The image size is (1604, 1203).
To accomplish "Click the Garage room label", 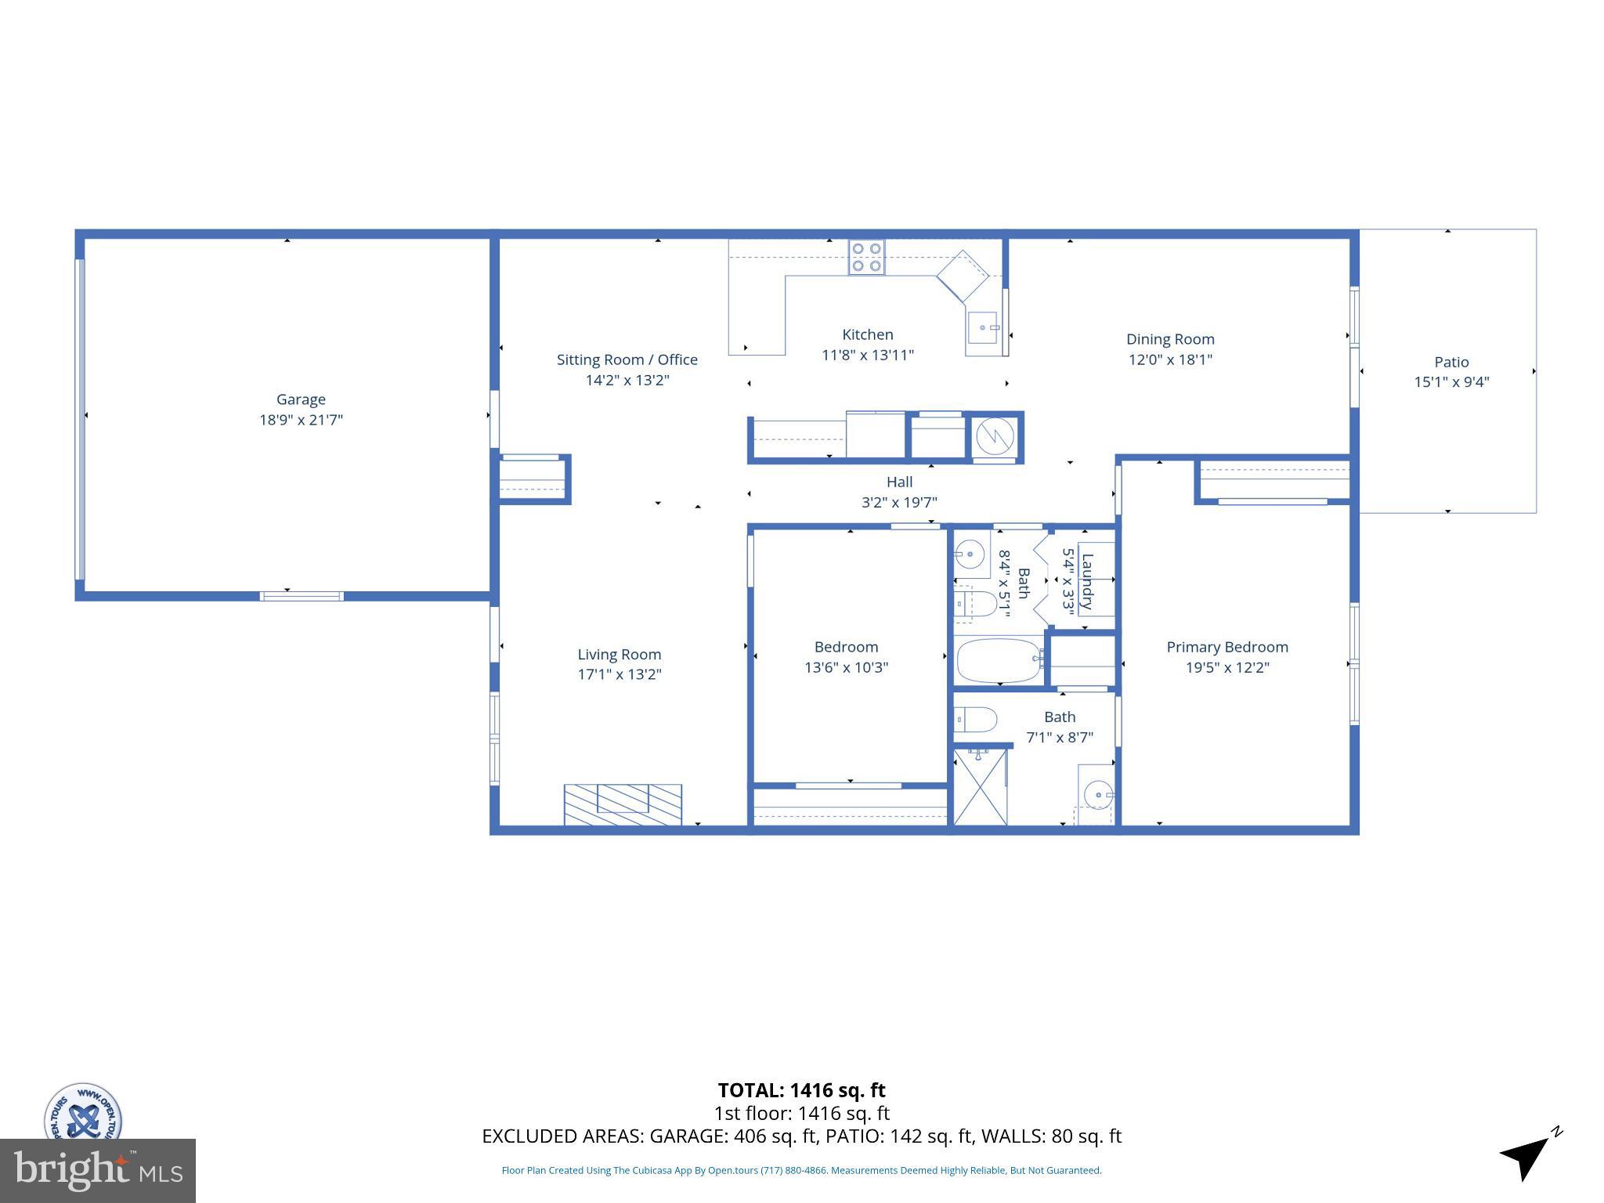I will click(x=301, y=399).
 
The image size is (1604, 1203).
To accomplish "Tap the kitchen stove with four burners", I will click(x=866, y=258).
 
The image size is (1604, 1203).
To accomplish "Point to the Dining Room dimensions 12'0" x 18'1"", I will click(x=1170, y=359).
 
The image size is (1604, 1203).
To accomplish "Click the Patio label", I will click(x=1451, y=362).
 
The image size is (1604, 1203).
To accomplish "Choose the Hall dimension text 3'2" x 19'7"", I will click(x=899, y=503).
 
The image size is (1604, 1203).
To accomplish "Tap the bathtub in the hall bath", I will click(x=999, y=660).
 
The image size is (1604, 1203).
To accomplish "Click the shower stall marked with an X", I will click(x=980, y=786).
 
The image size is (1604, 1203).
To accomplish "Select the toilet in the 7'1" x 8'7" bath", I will click(x=975, y=719).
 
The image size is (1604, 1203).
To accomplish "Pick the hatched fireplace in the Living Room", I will click(x=623, y=804).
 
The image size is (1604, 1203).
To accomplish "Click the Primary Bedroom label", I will click(x=1226, y=647).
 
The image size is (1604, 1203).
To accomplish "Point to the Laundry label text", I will click(x=1087, y=581).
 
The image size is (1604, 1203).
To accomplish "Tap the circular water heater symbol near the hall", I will click(x=995, y=438).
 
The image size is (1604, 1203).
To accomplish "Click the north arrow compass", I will click(x=1528, y=1156).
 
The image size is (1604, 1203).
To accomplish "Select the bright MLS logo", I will click(x=98, y=1170).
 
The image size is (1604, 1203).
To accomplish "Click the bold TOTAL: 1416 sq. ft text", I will click(x=801, y=1090).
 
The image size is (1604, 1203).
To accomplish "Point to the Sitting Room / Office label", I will click(x=627, y=359).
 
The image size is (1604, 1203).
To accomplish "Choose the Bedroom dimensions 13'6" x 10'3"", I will click(x=846, y=667).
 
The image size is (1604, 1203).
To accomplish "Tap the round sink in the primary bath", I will click(x=1098, y=795).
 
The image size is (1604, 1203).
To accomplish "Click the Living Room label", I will click(x=619, y=654).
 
